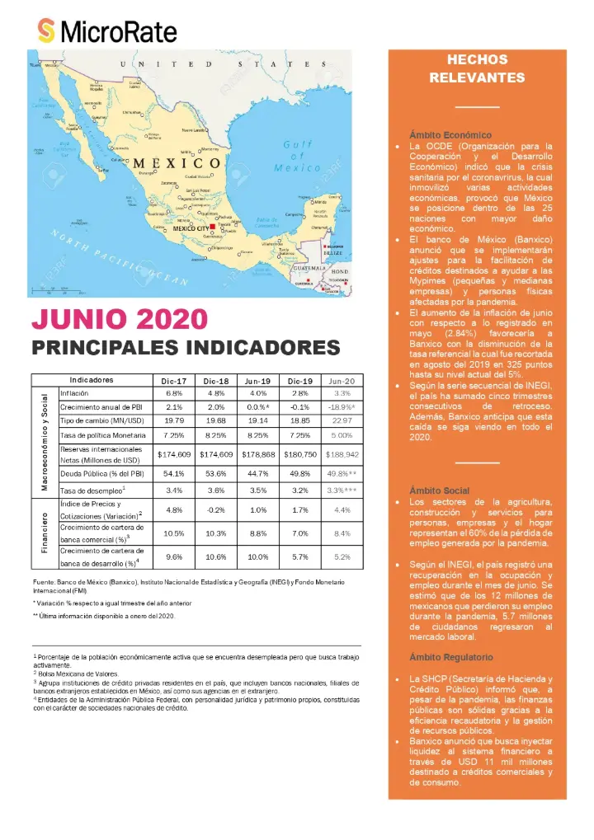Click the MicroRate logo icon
point(47,31)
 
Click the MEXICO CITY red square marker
point(212,227)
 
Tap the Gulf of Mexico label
point(298,156)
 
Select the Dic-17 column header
point(174,381)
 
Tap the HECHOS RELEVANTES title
point(477,68)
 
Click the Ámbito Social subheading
point(439,490)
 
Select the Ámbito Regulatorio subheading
point(451,657)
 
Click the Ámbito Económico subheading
point(450,134)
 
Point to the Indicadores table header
point(92,381)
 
